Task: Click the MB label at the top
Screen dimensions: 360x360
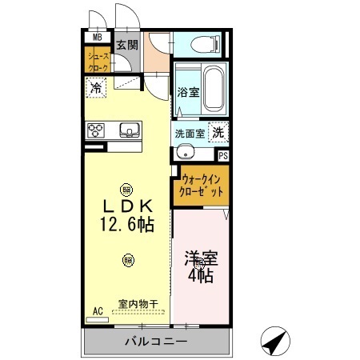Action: (x=97, y=37)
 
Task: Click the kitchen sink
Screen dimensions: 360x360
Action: (x=129, y=130)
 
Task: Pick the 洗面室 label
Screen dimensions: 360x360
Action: (x=190, y=133)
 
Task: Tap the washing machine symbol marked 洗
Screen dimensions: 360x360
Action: (x=218, y=132)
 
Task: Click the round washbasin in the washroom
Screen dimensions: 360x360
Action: (x=186, y=152)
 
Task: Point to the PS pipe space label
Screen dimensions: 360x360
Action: (x=223, y=156)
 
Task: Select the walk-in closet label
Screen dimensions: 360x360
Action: (x=202, y=186)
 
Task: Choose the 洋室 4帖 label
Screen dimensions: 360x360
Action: (x=200, y=267)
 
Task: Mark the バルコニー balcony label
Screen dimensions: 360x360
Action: (x=155, y=342)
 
